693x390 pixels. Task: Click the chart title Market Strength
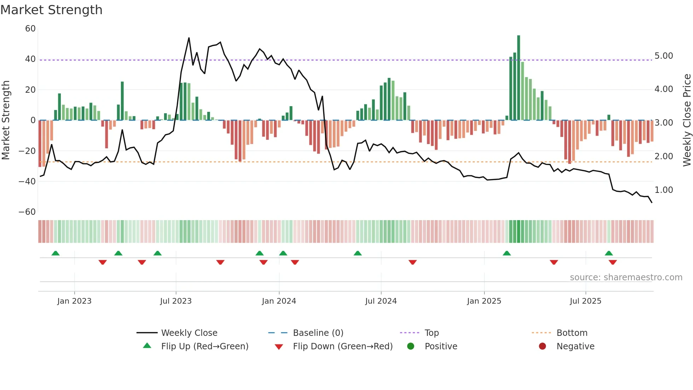click(51, 10)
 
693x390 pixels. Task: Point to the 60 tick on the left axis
click(30, 29)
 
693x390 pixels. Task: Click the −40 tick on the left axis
click(27, 182)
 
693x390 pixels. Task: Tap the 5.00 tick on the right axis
click(664, 56)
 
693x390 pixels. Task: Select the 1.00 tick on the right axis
click(664, 190)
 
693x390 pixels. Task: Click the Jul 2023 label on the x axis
click(176, 301)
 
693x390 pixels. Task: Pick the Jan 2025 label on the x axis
click(484, 301)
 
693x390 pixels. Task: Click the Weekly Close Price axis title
click(687, 120)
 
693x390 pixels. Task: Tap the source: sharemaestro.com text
click(626, 277)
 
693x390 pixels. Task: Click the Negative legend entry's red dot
click(542, 346)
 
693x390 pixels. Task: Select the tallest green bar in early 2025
click(519, 78)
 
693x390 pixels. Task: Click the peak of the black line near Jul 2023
click(189, 38)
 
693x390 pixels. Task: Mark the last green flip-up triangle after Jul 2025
click(609, 253)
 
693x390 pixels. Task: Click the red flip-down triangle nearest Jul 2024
click(413, 262)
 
